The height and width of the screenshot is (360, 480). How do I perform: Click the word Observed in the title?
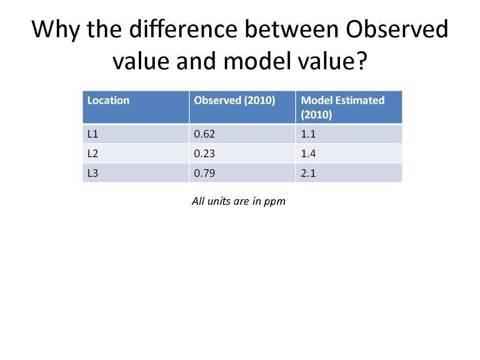click(x=397, y=29)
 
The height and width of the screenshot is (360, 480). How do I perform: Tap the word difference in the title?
click(x=183, y=29)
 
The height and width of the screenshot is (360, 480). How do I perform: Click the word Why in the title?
click(x=56, y=31)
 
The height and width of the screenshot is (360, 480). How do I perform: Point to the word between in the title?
click(x=292, y=29)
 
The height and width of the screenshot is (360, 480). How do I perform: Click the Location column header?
click(x=108, y=100)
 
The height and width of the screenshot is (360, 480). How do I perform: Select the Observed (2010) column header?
click(x=234, y=100)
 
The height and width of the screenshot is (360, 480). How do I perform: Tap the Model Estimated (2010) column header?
click(x=342, y=107)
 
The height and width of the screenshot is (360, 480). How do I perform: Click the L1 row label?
click(x=93, y=134)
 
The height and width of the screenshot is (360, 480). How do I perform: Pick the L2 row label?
click(x=93, y=154)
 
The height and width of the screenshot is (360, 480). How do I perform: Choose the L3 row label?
click(x=93, y=173)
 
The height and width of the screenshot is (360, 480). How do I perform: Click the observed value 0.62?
click(x=204, y=134)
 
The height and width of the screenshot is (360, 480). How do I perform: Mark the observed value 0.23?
click(x=204, y=154)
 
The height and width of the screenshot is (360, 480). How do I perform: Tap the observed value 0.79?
click(x=204, y=173)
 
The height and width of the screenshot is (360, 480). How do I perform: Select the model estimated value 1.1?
click(x=308, y=134)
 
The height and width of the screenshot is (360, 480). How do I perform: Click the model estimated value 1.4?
click(x=308, y=154)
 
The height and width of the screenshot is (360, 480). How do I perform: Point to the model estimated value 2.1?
click(x=308, y=173)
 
